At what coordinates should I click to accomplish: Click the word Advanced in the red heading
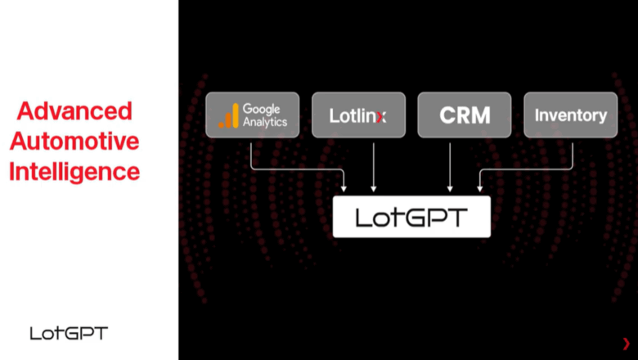[74, 111]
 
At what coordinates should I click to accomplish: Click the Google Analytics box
[252, 115]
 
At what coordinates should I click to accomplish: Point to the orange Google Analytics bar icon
[228, 115]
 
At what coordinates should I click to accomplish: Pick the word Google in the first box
[262, 109]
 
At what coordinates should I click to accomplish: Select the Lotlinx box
[358, 115]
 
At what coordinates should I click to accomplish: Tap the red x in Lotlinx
[380, 116]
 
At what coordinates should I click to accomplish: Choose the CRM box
[464, 115]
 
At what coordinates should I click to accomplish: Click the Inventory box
[571, 115]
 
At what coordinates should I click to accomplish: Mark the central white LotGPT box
[411, 217]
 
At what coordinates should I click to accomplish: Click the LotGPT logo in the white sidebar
[69, 333]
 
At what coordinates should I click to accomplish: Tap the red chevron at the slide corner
[626, 344]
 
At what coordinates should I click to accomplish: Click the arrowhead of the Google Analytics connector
[344, 189]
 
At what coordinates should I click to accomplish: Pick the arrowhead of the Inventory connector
[480, 189]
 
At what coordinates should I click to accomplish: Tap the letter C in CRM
[447, 115]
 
